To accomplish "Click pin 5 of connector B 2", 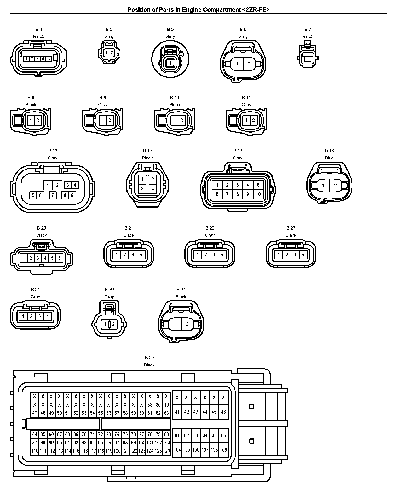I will pyautogui.click(x=49, y=59).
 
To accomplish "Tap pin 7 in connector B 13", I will pyautogui.click(x=53, y=195).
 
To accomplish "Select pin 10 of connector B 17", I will pyautogui.click(x=258, y=194).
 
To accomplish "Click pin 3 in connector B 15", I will pyautogui.click(x=142, y=188).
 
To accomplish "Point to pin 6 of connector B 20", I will pyautogui.click(x=59, y=258).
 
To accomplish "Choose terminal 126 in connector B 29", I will pyautogui.click(x=166, y=451).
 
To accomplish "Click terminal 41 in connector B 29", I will pyautogui.click(x=177, y=412).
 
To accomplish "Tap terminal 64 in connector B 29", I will pyautogui.click(x=35, y=434).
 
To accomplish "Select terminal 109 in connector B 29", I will pyautogui.click(x=223, y=450).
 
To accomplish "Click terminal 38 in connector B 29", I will pyautogui.click(x=150, y=405).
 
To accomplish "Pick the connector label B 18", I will pyautogui.click(x=329, y=151).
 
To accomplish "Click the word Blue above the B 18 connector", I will pyautogui.click(x=329, y=158).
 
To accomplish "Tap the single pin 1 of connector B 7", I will pyautogui.click(x=308, y=59).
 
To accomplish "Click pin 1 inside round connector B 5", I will pyautogui.click(x=170, y=63).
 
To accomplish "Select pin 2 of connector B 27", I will pyautogui.click(x=187, y=324).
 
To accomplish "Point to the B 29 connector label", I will pyautogui.click(x=149, y=358).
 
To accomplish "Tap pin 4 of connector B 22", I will pyautogui.click(x=222, y=255).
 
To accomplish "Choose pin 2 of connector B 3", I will pyautogui.click(x=112, y=53).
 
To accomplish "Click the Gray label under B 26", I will pyautogui.click(x=109, y=297).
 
